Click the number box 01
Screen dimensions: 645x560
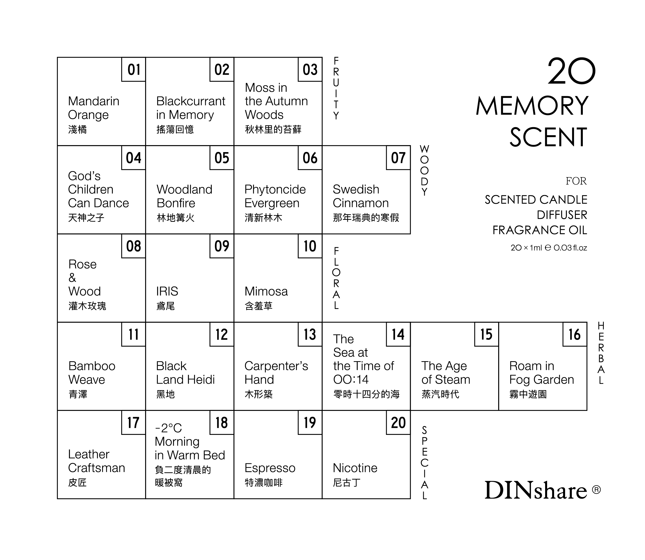[x=133, y=69]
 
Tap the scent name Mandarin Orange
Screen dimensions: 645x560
[x=93, y=108]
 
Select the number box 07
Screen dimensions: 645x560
[x=398, y=158]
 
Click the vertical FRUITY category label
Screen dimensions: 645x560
[x=336, y=88]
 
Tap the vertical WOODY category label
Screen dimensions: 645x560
[x=424, y=170]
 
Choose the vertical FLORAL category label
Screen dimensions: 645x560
[x=336, y=278]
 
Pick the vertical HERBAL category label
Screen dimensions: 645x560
[x=601, y=353]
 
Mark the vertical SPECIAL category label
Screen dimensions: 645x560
[x=424, y=463]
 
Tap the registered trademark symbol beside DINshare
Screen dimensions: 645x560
[x=596, y=489]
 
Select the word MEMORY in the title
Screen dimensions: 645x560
[x=532, y=106]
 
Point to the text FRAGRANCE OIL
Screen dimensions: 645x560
[x=540, y=230]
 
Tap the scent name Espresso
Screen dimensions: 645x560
[x=270, y=468]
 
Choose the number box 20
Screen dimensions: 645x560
[x=398, y=423]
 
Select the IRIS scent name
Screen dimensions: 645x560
[x=167, y=291]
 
